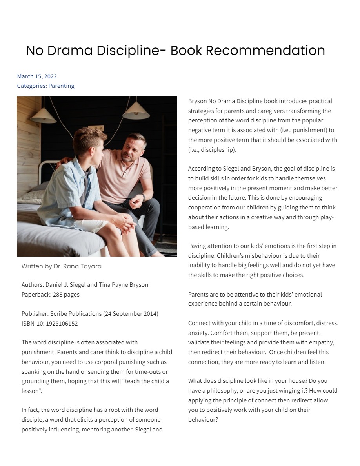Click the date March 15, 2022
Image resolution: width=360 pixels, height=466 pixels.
coord(37,76)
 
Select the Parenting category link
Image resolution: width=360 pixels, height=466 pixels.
coord(61,86)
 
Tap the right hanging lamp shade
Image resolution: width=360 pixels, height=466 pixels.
coord(136,111)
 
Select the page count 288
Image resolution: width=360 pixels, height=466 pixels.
coord(56,295)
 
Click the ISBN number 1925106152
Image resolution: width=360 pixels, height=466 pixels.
coord(62,324)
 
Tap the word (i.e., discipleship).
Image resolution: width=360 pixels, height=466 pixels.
coord(212,149)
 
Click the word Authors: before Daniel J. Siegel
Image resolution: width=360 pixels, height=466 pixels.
coord(33,285)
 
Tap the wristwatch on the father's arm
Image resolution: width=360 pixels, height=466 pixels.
coord(143,197)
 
